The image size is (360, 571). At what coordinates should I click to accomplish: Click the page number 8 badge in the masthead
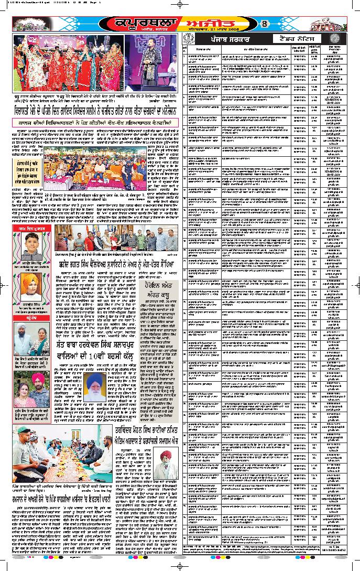click(265, 24)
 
